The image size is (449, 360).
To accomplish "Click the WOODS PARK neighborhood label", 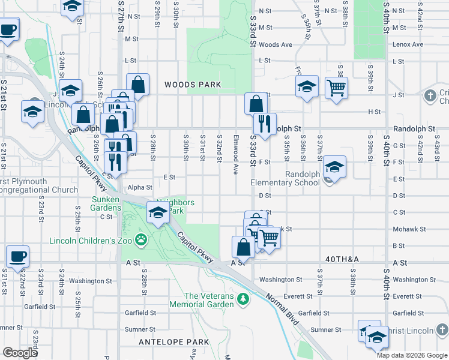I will click(193, 85).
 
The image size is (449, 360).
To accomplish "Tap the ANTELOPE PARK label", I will click(173, 342).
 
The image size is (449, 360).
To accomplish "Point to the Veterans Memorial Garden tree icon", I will click(243, 299).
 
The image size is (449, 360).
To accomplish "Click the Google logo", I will click(20, 353).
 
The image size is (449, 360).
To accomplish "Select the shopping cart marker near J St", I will click(337, 88).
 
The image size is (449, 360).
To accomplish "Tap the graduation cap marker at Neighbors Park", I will click(158, 214).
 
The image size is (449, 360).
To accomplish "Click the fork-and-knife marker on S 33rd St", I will click(264, 124).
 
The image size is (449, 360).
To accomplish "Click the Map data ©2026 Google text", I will click(412, 355).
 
